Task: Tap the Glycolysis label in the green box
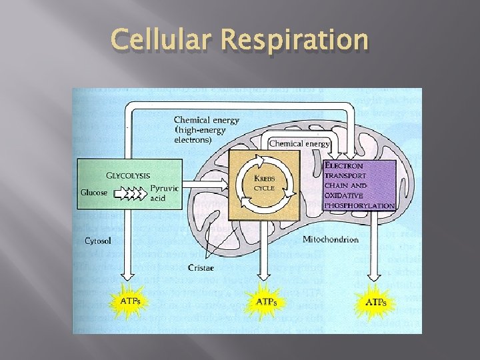(x=128, y=176)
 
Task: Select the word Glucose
(x=94, y=193)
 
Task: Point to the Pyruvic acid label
(x=163, y=193)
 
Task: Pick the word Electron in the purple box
(x=344, y=165)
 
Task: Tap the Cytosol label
(x=98, y=240)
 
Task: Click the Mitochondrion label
(x=330, y=239)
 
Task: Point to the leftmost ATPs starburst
(x=131, y=301)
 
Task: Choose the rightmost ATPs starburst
(x=376, y=302)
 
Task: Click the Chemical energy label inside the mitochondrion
(x=299, y=143)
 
